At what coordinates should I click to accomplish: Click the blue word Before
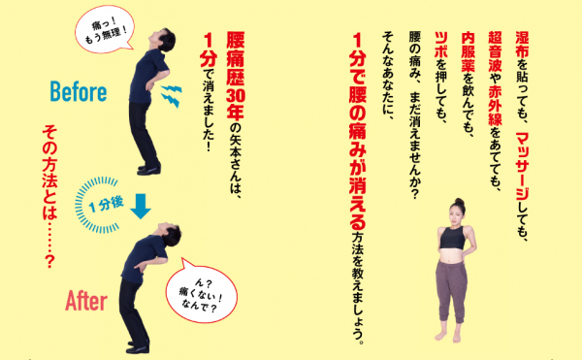point(79,91)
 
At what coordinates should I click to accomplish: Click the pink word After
point(86,301)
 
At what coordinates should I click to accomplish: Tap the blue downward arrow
point(141,206)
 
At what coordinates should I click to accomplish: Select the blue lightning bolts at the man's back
point(171,95)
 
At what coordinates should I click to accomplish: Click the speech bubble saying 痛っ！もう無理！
point(105,30)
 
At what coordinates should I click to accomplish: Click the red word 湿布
point(522,44)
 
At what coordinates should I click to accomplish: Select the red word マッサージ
point(523,165)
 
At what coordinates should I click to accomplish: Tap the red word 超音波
point(495,51)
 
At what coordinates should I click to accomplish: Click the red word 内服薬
point(469,51)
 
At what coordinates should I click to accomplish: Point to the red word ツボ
point(441,44)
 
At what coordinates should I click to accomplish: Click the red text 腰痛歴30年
point(236,76)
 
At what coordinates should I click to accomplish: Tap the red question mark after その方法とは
point(49,262)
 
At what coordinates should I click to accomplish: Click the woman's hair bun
point(460,201)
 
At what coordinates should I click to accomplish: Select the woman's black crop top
point(452,238)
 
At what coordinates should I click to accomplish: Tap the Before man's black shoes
point(148,170)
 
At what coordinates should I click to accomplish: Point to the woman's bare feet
point(448,337)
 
